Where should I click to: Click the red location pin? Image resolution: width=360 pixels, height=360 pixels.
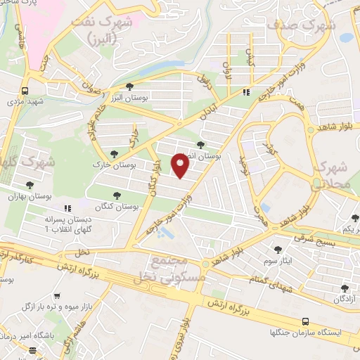[x=181, y=166]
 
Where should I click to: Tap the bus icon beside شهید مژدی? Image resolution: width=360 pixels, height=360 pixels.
[x=25, y=91]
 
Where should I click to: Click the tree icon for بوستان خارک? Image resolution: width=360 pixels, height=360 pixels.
[x=114, y=154]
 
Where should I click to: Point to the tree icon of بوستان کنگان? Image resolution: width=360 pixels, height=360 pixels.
[x=117, y=195]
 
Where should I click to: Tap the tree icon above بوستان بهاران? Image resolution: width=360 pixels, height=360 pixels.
[x=30, y=184]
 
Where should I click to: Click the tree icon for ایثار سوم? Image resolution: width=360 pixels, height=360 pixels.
[x=279, y=248]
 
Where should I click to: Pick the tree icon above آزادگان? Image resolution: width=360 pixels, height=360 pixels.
[x=344, y=289]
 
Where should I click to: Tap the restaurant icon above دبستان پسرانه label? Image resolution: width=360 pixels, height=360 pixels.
[x=67, y=208]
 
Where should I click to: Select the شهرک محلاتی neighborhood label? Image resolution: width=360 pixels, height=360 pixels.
[x=335, y=175]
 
